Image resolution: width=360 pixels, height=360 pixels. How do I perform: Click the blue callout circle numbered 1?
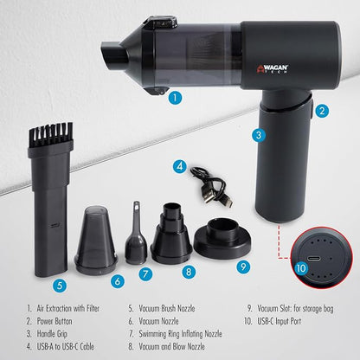coord(176,98)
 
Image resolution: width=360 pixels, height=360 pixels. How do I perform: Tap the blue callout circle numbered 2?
coord(322,111)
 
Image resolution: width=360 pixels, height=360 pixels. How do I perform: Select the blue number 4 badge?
coord(180,166)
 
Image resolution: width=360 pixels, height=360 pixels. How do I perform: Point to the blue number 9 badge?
coord(243,267)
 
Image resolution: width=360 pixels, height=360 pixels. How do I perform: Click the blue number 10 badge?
coord(301,268)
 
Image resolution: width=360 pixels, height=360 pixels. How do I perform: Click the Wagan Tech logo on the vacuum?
coord(273,69)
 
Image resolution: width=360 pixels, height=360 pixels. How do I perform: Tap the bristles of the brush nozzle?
coord(51,134)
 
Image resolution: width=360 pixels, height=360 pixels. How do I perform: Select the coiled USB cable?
coord(212,186)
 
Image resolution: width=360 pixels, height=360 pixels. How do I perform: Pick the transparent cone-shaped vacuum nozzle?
coord(96,240)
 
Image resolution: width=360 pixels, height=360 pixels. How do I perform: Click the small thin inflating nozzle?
coord(136,233)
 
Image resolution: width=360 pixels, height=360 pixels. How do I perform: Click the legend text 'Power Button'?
coord(55,321)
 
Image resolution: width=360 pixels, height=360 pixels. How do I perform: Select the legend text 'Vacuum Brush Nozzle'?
coord(167,308)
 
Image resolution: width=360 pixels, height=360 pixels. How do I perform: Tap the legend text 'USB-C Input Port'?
coord(279,321)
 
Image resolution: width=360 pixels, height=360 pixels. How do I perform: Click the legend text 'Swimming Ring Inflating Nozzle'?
coord(180,334)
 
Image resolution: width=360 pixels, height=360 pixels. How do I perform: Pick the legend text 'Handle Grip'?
coord(52,334)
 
